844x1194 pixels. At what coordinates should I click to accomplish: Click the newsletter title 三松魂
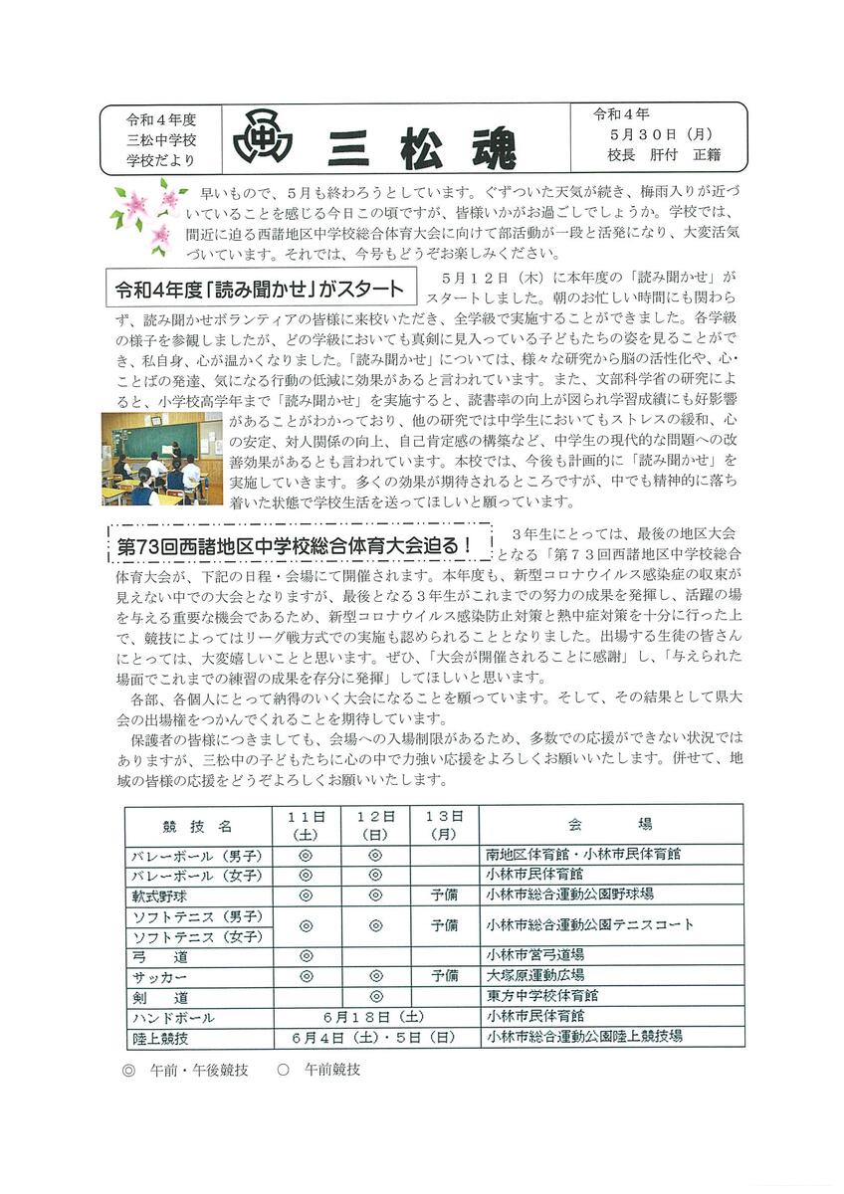pyautogui.click(x=423, y=145)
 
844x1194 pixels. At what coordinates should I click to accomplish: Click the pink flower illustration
pyautogui.click(x=143, y=214)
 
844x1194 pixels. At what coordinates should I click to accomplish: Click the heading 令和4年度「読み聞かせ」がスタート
pyautogui.click(x=260, y=289)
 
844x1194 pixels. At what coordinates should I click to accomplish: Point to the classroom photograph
pyautogui.click(x=161, y=459)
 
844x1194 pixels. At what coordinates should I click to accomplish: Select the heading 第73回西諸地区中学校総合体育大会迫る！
pyautogui.click(x=289, y=546)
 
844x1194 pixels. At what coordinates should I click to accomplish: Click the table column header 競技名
pyautogui.click(x=198, y=824)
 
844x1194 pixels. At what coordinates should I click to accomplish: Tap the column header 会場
pyautogui.click(x=611, y=824)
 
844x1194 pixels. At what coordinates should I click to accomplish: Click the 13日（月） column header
pyautogui.click(x=444, y=824)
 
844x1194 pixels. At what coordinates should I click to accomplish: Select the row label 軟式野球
pyautogui.click(x=159, y=895)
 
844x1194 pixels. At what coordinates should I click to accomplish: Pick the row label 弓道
pyautogui.click(x=159, y=956)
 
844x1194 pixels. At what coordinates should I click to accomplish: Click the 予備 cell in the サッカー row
pyautogui.click(x=444, y=976)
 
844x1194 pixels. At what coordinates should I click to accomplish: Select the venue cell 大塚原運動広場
pyautogui.click(x=535, y=976)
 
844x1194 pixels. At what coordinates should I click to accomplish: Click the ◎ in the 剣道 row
pyautogui.click(x=375, y=996)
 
